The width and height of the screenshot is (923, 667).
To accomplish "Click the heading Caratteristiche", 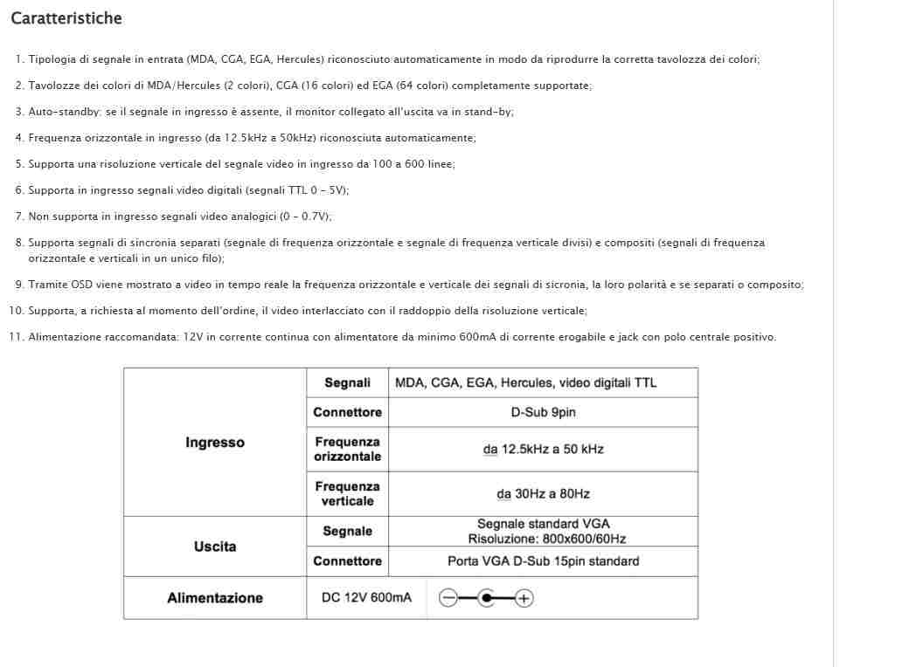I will [x=66, y=18].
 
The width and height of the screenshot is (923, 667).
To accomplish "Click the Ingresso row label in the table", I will [x=215, y=443].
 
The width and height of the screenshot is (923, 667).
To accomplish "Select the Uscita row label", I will [x=215, y=547].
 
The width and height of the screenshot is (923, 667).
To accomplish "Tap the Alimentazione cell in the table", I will [x=215, y=598].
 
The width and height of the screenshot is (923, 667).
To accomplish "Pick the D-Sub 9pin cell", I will [x=543, y=412].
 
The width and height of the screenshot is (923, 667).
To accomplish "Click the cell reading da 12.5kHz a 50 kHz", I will [x=543, y=450].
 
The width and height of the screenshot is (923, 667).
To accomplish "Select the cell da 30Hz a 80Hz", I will [x=543, y=494].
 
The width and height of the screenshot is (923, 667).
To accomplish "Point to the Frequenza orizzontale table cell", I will [x=347, y=450].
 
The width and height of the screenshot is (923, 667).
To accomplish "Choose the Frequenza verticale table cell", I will [x=347, y=494].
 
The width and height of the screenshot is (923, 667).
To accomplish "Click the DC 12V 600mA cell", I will [x=366, y=598].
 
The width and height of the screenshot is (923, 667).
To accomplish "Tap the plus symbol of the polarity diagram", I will [x=524, y=598].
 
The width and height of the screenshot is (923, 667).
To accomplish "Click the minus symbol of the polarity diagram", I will [x=448, y=598].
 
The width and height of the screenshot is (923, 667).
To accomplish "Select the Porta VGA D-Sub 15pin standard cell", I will [x=543, y=561].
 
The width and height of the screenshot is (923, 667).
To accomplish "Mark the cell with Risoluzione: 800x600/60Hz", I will [x=546, y=539].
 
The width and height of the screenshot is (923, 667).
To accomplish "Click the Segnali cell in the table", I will [x=347, y=382].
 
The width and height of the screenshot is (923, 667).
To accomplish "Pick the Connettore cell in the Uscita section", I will [x=347, y=561].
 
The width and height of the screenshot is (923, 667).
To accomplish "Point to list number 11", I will [x=16, y=337].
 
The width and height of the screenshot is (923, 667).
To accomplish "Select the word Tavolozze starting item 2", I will [x=52, y=86].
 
